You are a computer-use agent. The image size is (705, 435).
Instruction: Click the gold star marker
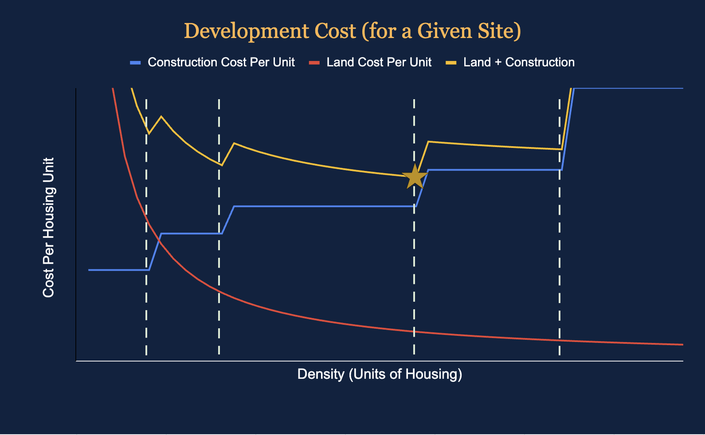[415, 177]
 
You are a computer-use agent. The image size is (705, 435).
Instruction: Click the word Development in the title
[246, 31]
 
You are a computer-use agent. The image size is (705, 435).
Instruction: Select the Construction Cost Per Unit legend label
[221, 62]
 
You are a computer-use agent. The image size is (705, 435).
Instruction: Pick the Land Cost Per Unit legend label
[379, 62]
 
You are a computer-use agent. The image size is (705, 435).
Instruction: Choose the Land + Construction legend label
[519, 62]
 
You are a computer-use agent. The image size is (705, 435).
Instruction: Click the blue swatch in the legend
[135, 62]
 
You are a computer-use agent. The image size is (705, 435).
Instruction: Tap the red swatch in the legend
[314, 62]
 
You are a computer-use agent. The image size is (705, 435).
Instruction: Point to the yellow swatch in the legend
[451, 62]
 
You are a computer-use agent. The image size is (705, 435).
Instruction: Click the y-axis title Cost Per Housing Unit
[49, 227]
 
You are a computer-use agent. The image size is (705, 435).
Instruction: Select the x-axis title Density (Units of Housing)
[380, 374]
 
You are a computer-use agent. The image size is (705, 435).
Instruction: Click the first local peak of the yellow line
[161, 116]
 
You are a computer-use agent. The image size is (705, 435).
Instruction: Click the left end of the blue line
[89, 270]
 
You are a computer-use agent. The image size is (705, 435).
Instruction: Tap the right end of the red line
[681, 344]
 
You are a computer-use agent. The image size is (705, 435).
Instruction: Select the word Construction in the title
[335, 31]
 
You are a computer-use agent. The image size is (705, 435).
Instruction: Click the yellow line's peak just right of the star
[428, 141]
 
